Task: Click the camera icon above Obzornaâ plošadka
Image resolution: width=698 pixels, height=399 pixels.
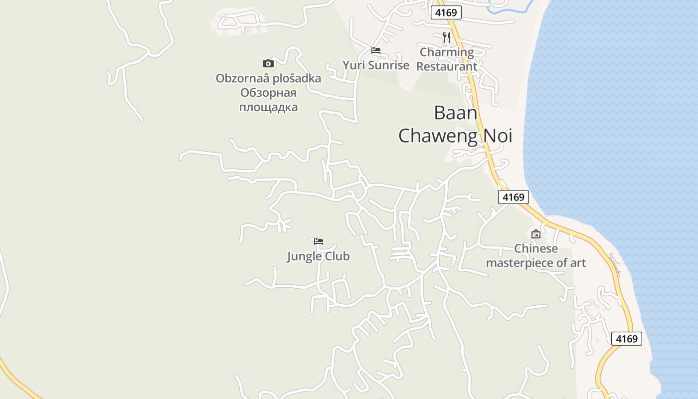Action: tap(268, 63)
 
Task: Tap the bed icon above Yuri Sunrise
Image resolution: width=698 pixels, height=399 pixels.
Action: tap(376, 50)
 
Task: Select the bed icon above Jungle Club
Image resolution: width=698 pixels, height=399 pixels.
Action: tap(319, 241)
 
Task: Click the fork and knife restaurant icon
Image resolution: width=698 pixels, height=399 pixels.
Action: tap(447, 37)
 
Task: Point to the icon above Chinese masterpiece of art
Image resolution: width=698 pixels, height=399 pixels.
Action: tap(536, 233)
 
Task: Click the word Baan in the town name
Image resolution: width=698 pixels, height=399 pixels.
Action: tap(455, 113)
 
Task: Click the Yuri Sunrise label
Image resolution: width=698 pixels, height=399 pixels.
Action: tap(375, 65)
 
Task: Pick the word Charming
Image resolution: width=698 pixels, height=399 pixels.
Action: tap(447, 52)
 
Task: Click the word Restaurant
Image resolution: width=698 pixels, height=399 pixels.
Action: tap(447, 66)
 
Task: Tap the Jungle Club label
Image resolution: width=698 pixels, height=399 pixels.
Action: tap(318, 256)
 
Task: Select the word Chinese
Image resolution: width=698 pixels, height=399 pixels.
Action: tap(536, 248)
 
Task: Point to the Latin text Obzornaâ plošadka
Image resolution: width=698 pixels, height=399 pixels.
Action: tap(268, 78)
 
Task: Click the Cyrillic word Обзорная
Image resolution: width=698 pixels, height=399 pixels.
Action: tap(268, 93)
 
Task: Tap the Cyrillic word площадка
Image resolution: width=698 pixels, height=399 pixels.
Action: tap(268, 107)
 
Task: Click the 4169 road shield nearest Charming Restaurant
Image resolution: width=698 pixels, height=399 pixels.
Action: tap(446, 13)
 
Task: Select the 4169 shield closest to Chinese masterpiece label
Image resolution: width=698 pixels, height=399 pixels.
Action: tap(513, 197)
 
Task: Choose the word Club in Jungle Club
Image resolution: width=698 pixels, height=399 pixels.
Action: tap(337, 256)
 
